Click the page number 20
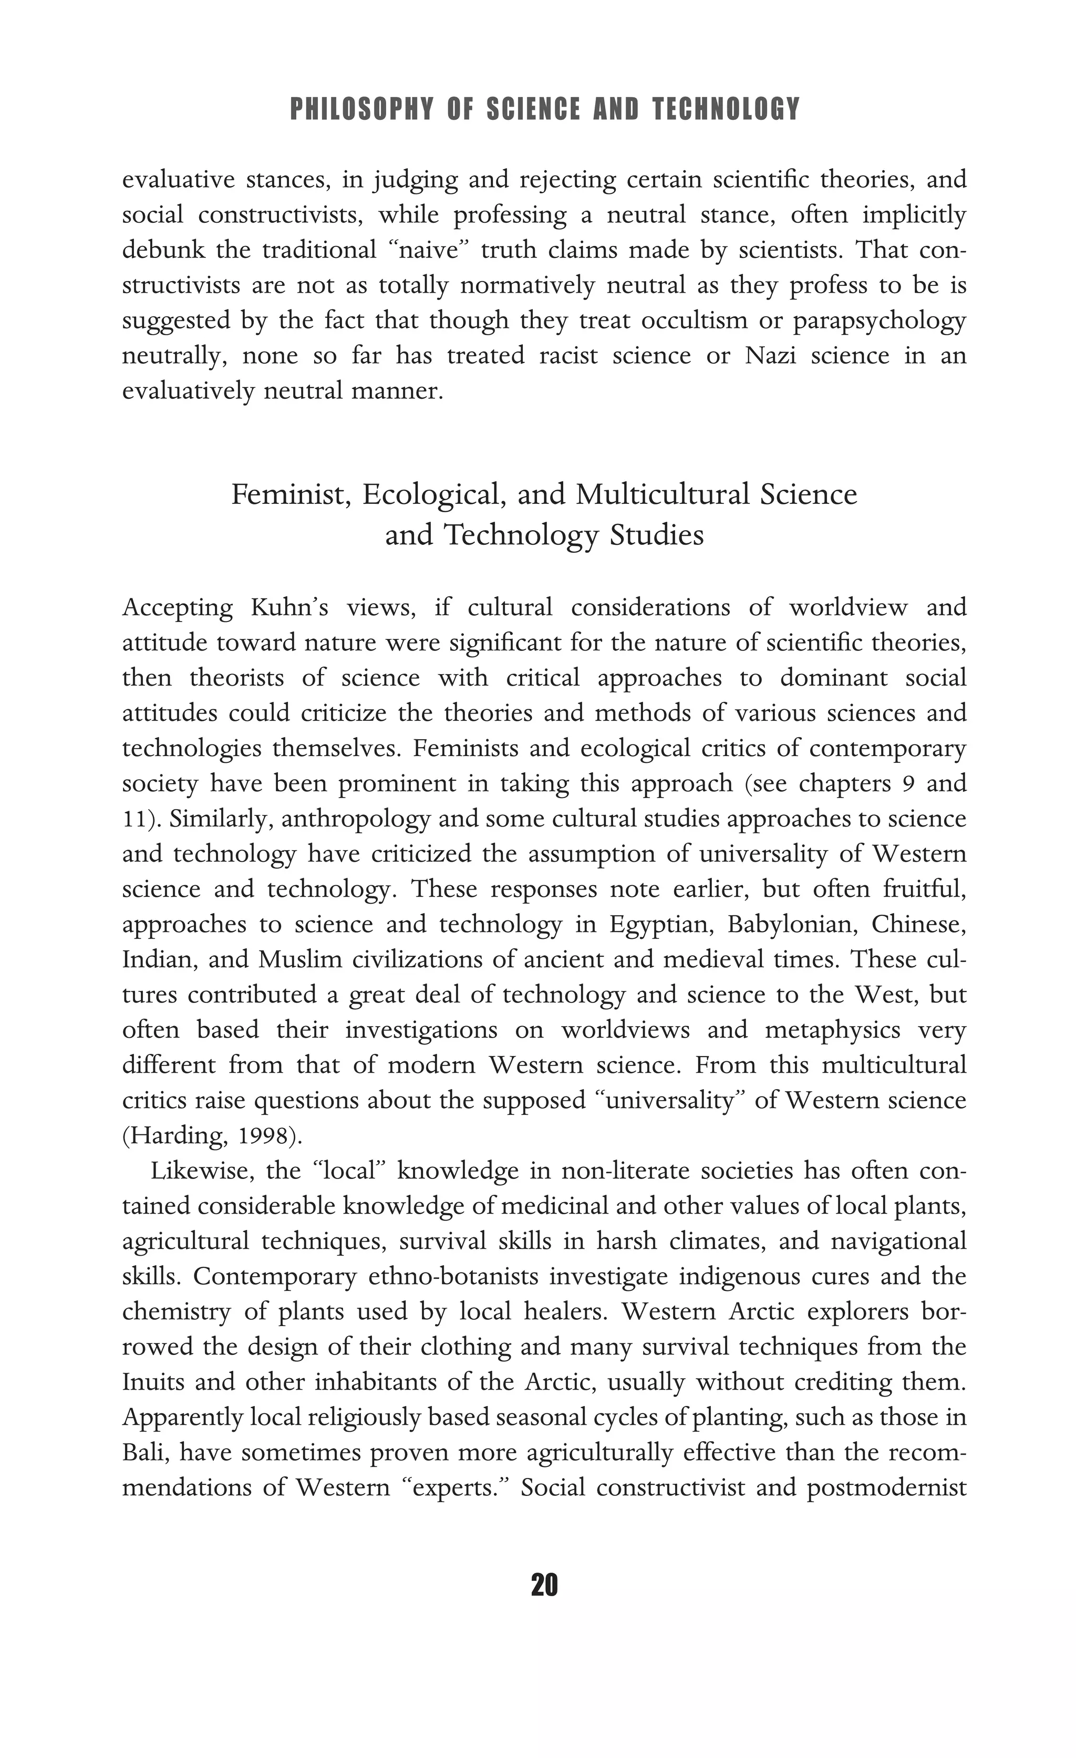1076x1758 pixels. coord(544,1585)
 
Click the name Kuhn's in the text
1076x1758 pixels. coord(289,608)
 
